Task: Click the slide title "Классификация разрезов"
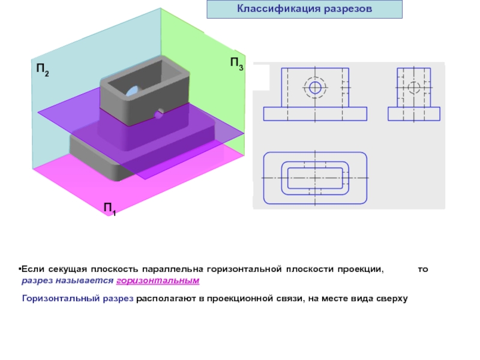point(304,10)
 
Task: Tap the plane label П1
point(110,209)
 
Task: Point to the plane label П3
point(236,63)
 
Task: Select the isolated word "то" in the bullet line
point(423,269)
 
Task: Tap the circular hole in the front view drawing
point(315,88)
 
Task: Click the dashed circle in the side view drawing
point(414,88)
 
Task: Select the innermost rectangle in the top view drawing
point(315,178)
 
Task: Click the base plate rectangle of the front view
point(315,114)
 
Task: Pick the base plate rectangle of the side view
point(414,114)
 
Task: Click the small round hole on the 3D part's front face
point(159,113)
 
